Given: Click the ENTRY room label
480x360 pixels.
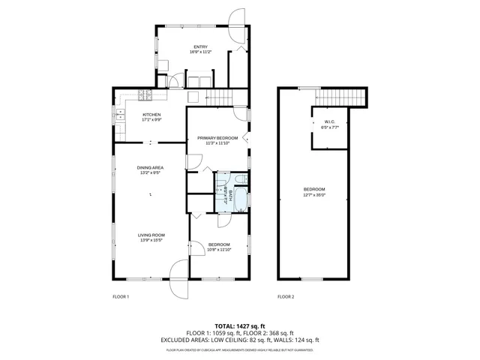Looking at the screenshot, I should coord(179,47).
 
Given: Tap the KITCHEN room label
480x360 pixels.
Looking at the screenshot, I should coord(152,114).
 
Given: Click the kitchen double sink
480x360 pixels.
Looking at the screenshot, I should coord(120,115).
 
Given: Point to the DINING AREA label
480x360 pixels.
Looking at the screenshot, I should coord(150,167).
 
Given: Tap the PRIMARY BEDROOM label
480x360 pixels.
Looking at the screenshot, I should coord(217,138).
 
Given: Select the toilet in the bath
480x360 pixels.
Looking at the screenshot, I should coord(238,179).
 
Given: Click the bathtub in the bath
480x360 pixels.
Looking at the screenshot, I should coord(238,201).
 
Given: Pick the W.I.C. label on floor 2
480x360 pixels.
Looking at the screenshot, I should coord(329,122).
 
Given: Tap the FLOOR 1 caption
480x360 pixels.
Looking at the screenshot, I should coord(120,297).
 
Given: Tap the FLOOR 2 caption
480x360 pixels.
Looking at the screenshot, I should coord(286,297).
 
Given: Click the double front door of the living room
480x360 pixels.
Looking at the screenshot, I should coord(178,277).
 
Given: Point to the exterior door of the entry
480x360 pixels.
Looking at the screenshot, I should coord(237,24).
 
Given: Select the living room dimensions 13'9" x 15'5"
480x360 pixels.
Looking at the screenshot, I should coord(151,240).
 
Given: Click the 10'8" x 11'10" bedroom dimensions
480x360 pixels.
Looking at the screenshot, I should coord(220,250).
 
